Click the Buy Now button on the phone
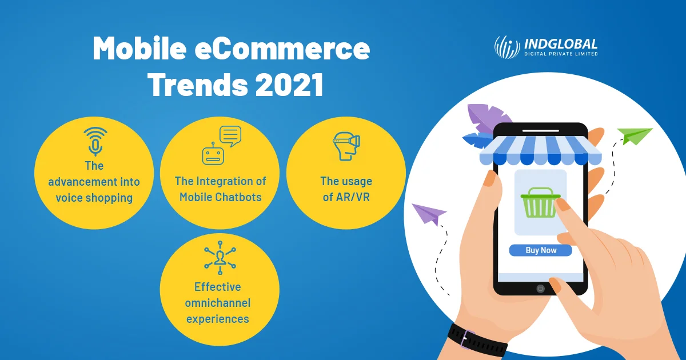pyautogui.click(x=540, y=250)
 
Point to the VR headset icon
pyautogui.click(x=346, y=146)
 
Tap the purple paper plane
pyautogui.click(x=428, y=214)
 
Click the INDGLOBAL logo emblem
pyautogui.click(x=506, y=47)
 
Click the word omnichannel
pyautogui.click(x=218, y=303)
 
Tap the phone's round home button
pyautogui.click(x=540, y=289)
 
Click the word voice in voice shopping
pyautogui.click(x=71, y=198)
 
